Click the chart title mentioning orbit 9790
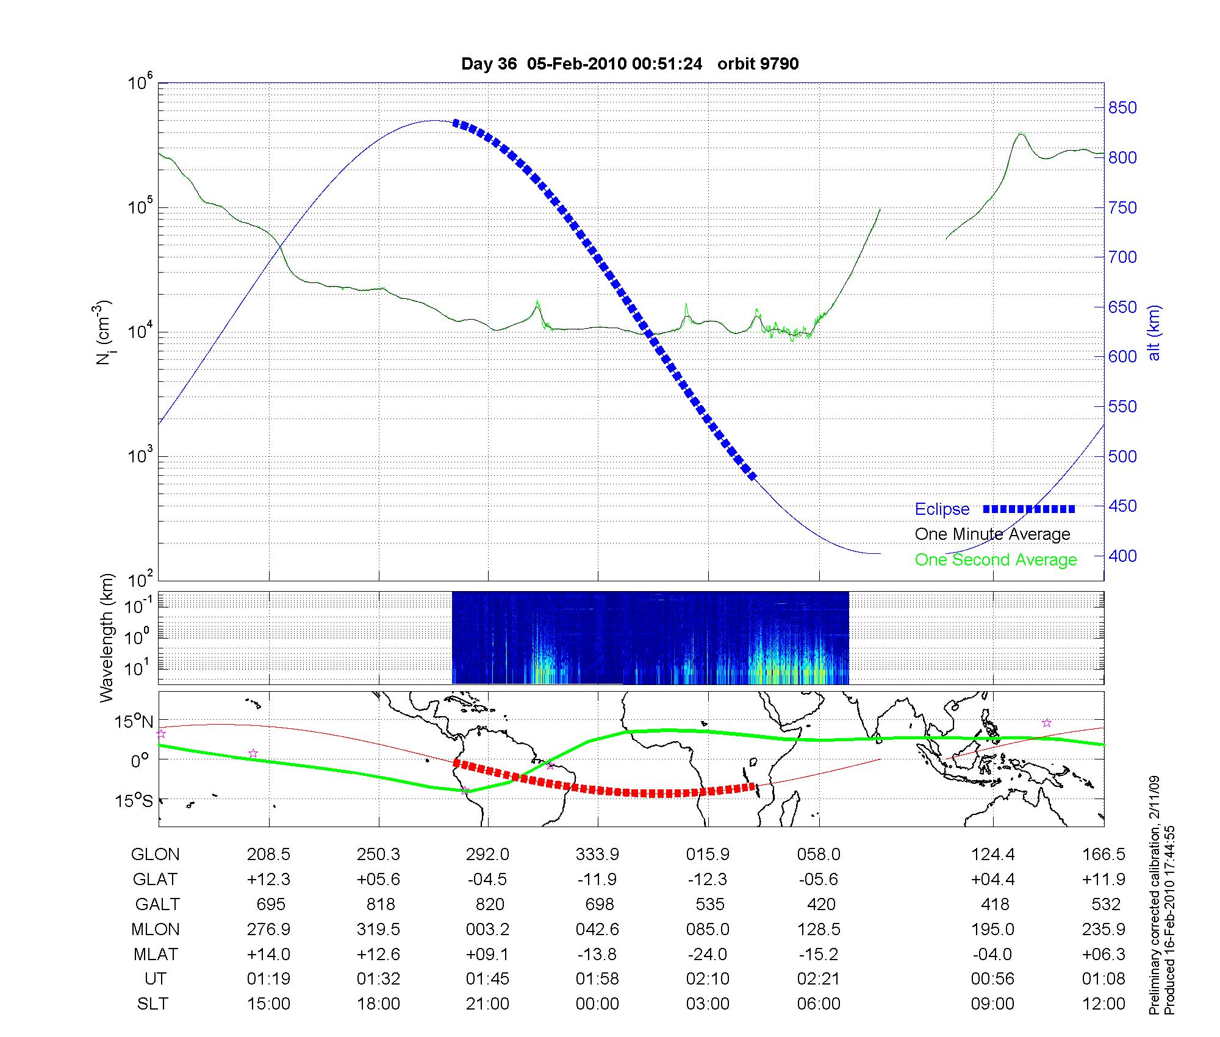pos(630,64)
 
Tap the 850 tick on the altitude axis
pos(1122,108)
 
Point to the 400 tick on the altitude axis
pos(1122,556)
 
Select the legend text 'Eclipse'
pos(942,509)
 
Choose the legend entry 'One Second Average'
pos(996,560)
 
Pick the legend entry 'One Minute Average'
pos(992,534)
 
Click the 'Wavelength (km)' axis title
pos(107,637)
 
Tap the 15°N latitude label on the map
pos(134,722)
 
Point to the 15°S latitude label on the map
pos(134,800)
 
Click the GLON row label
pos(155,855)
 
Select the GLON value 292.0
pos(487,855)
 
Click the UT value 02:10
pos(708,979)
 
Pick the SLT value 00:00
pos(597,1004)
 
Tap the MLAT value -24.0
pos(708,954)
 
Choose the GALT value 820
pos(490,904)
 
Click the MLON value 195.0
pos(992,929)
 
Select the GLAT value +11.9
pos(1104,880)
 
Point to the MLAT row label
pos(156,954)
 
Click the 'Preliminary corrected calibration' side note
pos(1154,896)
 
